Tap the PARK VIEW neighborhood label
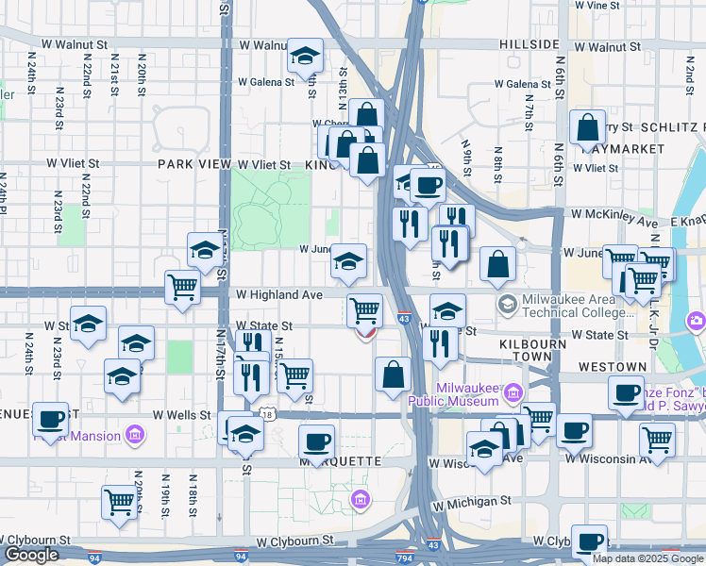[194, 164]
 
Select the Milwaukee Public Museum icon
[513, 391]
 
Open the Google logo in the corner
[31, 555]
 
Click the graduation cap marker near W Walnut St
[305, 58]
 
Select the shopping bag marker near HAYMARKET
[587, 129]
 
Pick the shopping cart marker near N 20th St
[120, 503]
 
